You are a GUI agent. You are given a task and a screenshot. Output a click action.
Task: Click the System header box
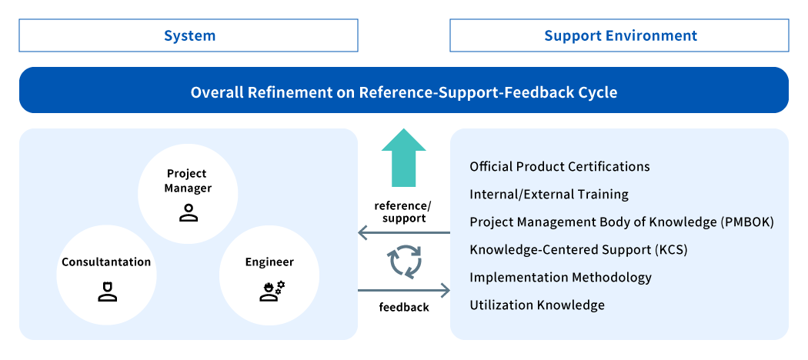[x=189, y=35]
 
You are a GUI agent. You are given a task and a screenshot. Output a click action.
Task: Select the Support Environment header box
[x=619, y=35]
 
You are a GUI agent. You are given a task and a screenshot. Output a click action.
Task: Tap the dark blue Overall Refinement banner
[x=404, y=90]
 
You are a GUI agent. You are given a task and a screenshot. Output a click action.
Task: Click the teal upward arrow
[x=404, y=158]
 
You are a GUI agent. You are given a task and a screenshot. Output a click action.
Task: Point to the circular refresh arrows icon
[x=404, y=262]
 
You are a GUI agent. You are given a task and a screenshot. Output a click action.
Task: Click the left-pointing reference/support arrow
[x=404, y=233]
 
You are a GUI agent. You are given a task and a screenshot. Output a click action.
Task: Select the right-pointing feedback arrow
[x=404, y=291]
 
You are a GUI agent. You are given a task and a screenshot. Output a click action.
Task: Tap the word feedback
[x=404, y=308]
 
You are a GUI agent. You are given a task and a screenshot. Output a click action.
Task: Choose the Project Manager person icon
[x=189, y=213]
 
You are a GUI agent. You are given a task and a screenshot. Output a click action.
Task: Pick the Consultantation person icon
[x=107, y=292]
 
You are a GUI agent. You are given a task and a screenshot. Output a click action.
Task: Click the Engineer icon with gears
[x=271, y=292]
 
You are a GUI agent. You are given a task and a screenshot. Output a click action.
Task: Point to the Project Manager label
[x=188, y=181]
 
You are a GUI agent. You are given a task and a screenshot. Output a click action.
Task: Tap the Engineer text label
[x=269, y=262]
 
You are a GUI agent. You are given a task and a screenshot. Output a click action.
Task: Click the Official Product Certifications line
[x=559, y=167]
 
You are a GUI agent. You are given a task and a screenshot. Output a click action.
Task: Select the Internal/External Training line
[x=549, y=195]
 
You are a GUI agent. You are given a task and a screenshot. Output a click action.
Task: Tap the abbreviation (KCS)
[x=671, y=250]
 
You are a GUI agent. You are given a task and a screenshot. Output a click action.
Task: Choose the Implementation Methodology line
[x=561, y=278]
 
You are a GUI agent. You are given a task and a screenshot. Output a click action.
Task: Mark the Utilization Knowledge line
[x=537, y=305]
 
